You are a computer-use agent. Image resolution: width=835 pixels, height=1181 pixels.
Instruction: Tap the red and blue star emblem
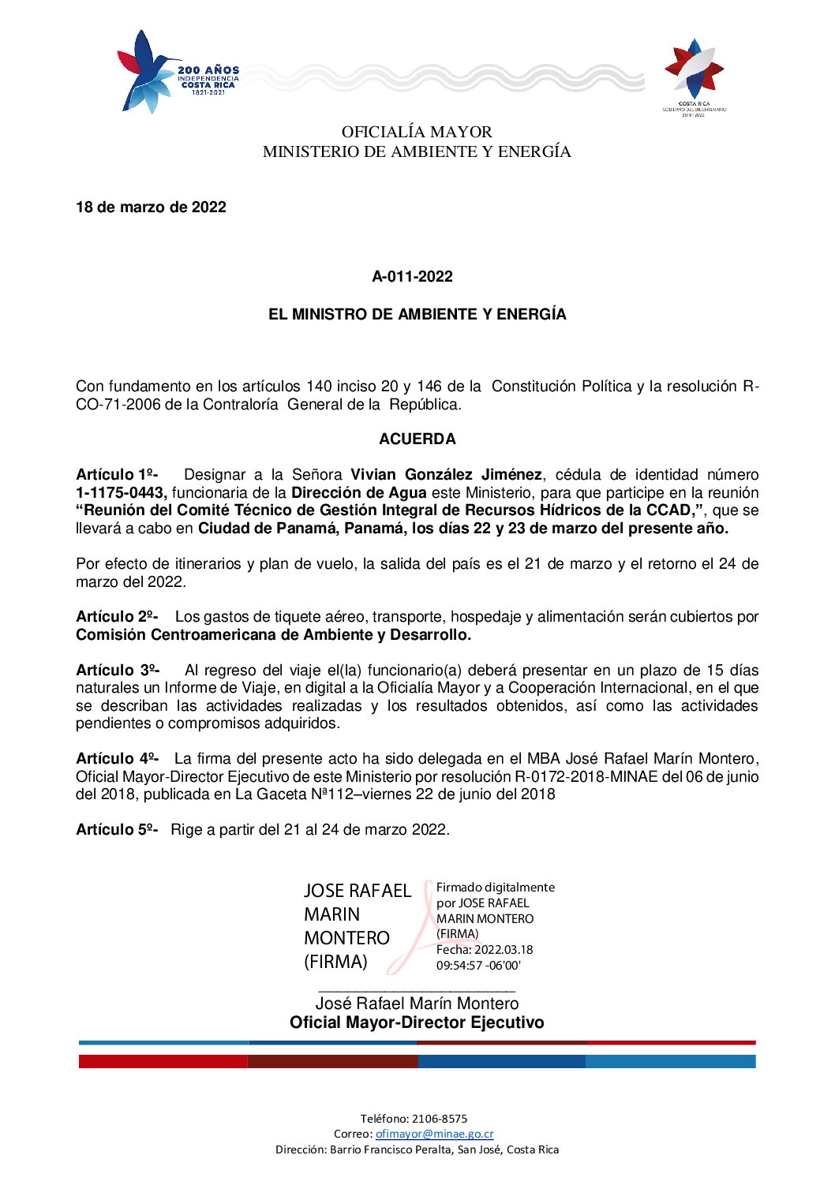coord(694,70)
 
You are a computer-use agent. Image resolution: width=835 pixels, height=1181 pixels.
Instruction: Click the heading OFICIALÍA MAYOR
coord(417,132)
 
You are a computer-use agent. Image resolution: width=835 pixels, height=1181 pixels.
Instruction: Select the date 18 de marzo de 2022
coord(151,207)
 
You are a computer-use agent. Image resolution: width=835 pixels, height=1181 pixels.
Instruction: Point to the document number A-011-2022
coord(413,277)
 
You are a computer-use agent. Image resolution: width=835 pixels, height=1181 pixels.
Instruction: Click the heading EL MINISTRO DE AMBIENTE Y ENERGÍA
coord(417,314)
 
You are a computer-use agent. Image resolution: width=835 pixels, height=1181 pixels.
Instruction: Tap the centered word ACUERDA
coord(417,439)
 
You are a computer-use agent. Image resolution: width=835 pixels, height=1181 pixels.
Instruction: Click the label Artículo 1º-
coord(117,475)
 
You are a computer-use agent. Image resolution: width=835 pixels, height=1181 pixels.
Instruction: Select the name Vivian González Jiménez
coord(446,475)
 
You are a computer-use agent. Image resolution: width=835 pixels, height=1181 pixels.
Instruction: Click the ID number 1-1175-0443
coord(121,493)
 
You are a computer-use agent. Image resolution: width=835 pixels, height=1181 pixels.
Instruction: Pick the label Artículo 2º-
coord(117,617)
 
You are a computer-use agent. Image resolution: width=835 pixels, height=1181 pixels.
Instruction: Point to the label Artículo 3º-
coord(118,671)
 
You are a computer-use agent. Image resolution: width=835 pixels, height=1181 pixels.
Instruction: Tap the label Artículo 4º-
coord(117,759)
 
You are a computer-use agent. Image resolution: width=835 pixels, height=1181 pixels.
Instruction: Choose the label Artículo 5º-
coord(117,830)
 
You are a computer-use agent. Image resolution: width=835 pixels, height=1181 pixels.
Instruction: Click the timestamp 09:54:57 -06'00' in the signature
coord(478,966)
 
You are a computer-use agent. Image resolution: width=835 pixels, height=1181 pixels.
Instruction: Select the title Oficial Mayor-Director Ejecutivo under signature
coord(417,1023)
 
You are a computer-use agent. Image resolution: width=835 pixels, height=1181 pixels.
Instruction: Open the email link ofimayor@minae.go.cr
coord(434,1134)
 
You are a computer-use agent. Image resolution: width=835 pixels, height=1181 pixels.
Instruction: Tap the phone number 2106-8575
coord(440,1119)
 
